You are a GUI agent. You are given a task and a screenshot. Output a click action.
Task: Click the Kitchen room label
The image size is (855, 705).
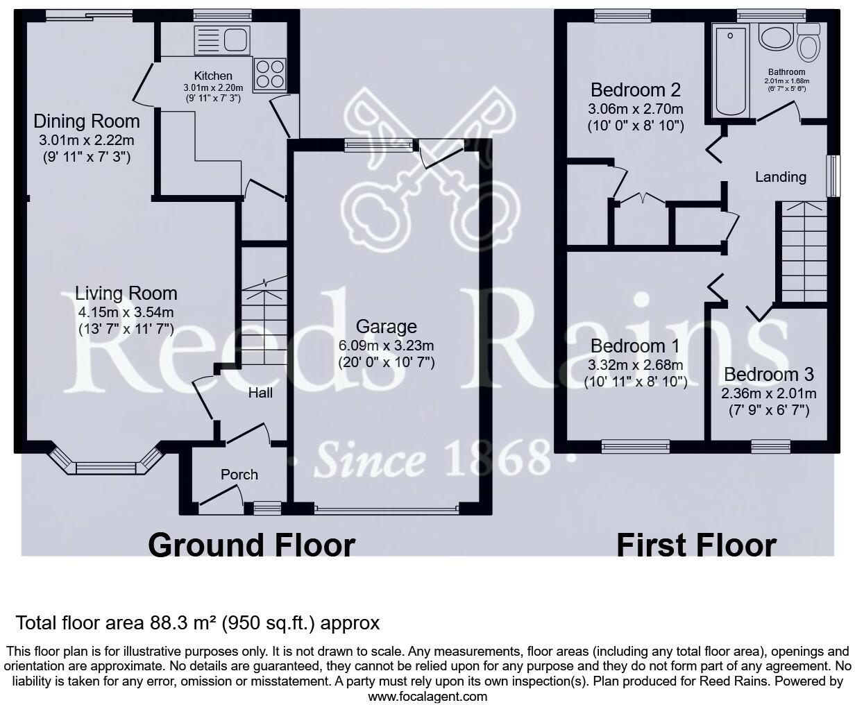[213, 76]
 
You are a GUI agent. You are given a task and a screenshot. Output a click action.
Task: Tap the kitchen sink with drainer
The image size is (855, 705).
[222, 40]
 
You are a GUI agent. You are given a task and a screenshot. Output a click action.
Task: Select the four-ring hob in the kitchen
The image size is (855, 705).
[269, 74]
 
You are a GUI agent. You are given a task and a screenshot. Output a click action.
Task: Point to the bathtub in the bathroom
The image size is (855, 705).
[731, 69]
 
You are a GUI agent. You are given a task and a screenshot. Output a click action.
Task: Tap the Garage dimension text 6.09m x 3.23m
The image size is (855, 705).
[386, 346]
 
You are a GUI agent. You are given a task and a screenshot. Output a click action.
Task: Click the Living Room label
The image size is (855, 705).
[126, 294]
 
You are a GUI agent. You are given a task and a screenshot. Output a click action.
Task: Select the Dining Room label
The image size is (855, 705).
[87, 121]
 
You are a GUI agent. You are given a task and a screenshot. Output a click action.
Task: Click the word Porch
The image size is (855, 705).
[239, 475]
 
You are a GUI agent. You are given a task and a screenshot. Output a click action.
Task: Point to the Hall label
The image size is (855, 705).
[260, 393]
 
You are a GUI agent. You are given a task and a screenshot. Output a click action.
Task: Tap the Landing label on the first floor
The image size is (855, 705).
[781, 177]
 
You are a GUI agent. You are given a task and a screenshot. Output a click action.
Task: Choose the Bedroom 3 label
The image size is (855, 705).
[769, 375]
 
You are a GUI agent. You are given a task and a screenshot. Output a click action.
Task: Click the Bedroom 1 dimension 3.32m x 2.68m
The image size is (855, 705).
[635, 365]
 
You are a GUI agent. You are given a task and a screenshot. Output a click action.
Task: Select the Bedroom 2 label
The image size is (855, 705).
[636, 90]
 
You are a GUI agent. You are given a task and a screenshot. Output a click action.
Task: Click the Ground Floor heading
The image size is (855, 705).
[251, 545]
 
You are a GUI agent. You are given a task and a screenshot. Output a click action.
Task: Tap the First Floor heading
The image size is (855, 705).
[696, 545]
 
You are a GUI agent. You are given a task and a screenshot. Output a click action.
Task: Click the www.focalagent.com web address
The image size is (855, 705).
[427, 697]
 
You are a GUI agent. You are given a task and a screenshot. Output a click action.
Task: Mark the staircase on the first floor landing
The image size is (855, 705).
[804, 252]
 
